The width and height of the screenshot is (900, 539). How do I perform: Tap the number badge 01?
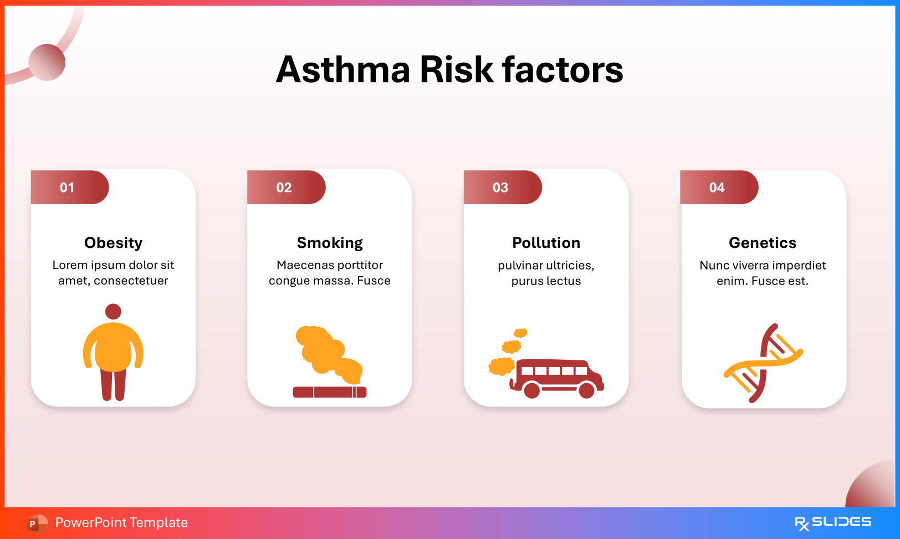[x=68, y=187]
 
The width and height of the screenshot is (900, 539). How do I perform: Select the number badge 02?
[x=284, y=187]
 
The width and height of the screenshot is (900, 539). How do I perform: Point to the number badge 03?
[x=500, y=187]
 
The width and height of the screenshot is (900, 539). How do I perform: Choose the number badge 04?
[x=717, y=187]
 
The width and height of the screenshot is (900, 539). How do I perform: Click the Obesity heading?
[x=113, y=243]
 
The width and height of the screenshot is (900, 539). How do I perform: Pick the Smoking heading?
[x=330, y=243]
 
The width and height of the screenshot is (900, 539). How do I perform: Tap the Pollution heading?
[x=546, y=243]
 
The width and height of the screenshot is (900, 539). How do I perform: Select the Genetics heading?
[x=763, y=243]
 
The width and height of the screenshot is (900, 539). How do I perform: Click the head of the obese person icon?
[x=113, y=311]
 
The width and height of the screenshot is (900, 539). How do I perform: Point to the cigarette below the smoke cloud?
[x=329, y=392]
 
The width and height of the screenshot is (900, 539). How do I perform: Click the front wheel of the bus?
[x=586, y=390]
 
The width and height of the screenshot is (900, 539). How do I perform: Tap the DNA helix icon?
[x=763, y=363]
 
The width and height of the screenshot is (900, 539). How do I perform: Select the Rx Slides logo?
[x=832, y=522]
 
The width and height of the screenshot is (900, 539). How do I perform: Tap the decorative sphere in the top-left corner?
[x=47, y=62]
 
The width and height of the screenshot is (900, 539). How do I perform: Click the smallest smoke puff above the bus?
[x=520, y=333]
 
